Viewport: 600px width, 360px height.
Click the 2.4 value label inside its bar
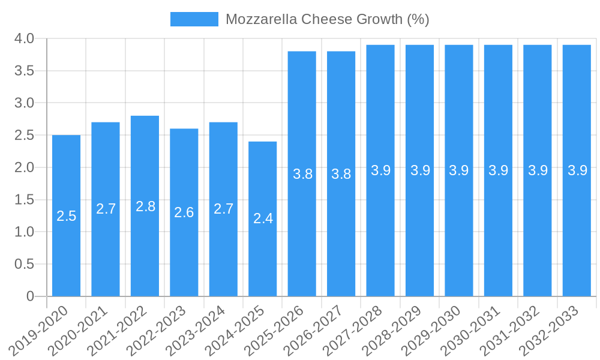263,218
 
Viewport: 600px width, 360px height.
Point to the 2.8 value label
145,206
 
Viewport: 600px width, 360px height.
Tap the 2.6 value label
184,212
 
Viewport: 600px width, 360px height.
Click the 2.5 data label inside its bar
67,216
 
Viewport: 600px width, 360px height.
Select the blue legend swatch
194,19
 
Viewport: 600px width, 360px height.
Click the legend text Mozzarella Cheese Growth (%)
327,19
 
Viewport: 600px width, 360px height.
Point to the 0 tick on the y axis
31,296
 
